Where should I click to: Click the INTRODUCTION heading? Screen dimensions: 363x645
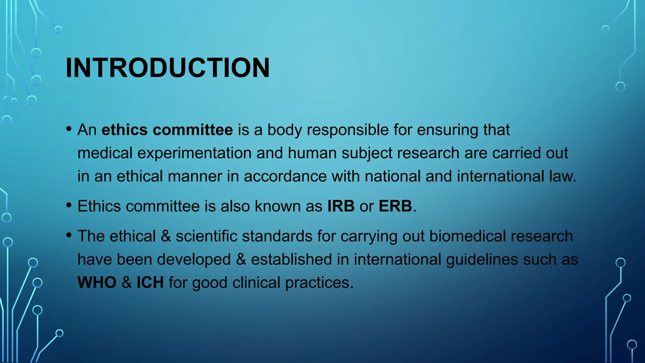168,68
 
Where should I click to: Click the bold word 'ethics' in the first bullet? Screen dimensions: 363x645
124,130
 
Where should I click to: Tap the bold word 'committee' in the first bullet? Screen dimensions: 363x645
193,130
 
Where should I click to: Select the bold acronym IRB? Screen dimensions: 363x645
341,206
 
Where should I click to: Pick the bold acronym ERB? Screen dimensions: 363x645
395,206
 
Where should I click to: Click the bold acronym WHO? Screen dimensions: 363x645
97,282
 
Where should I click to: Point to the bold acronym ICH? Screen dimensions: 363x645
150,282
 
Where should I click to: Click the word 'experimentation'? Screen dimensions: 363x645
194,153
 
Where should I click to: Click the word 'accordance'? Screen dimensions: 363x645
285,176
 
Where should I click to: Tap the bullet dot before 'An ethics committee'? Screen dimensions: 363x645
69,129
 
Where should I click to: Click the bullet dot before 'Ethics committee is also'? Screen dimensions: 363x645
69,205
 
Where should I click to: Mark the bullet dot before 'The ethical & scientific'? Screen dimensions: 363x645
69,235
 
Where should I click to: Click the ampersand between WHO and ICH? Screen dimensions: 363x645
126,282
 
